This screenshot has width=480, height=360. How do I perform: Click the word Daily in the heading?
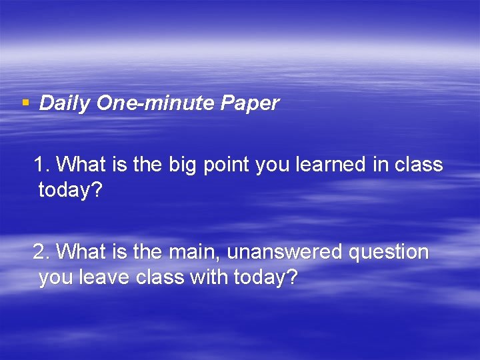pos(65,104)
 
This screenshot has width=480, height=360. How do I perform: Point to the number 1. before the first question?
pos(41,164)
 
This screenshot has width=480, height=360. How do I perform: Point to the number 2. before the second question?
pos(41,252)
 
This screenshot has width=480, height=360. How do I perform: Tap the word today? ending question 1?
pos(70,191)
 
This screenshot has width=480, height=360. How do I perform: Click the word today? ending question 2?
pos(265,278)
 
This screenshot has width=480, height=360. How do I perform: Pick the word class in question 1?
pos(419,164)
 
